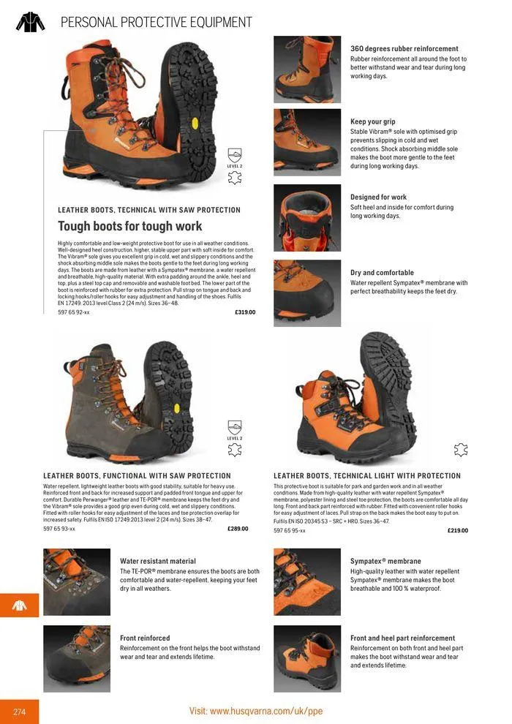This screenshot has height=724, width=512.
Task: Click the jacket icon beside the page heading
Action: [31, 22]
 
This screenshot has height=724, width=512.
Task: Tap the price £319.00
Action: [245, 312]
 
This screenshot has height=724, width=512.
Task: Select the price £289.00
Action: [238, 529]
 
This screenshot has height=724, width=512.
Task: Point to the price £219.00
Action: [458, 530]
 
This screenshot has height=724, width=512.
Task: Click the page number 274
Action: [20, 712]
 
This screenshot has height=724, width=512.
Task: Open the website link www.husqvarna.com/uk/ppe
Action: [266, 711]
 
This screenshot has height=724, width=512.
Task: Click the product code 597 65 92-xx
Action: [74, 312]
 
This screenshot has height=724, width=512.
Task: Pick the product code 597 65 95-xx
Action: [290, 530]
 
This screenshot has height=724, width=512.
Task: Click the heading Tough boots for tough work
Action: [129, 226]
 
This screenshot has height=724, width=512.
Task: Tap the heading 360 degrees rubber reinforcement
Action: [404, 48]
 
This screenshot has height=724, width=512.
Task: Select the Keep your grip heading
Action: [372, 121]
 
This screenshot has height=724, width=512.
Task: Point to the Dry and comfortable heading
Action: [382, 273]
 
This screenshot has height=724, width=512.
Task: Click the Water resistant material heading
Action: [158, 561]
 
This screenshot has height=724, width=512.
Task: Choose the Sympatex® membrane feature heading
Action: [385, 561]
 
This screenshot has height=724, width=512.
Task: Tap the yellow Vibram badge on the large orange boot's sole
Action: [195, 124]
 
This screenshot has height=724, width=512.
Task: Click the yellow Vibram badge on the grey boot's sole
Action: [176, 409]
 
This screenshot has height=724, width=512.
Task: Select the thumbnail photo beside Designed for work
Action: [307, 218]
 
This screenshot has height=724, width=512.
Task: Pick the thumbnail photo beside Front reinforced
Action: [77, 659]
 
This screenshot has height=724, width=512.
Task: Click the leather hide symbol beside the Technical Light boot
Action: [461, 450]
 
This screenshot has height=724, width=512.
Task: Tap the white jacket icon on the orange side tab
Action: [20, 606]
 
